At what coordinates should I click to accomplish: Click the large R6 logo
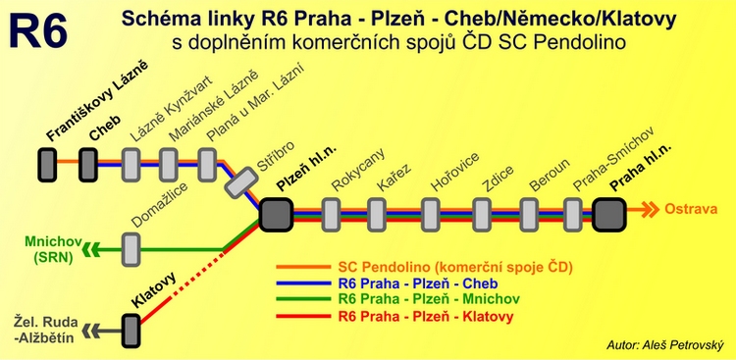[x=39, y=30]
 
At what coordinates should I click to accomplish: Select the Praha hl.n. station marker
[x=608, y=211]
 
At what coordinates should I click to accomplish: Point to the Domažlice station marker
[x=131, y=246]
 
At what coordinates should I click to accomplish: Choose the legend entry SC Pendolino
[x=454, y=266]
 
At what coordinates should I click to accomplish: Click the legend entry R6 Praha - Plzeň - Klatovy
[x=425, y=317]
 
